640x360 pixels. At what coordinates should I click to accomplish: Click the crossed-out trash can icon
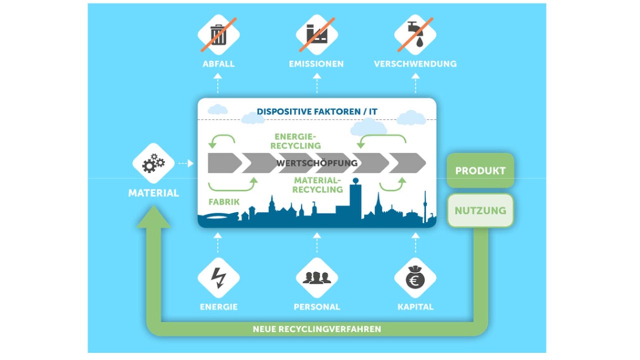tap(218, 35)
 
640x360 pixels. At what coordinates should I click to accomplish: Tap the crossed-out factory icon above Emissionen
tap(317, 35)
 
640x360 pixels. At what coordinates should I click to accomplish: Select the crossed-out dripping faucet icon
tap(415, 35)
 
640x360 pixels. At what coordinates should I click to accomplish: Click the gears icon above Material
tap(153, 163)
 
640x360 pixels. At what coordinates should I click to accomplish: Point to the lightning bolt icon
tap(218, 277)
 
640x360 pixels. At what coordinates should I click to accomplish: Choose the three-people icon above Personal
tap(317, 277)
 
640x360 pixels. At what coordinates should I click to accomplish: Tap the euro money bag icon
tap(415, 277)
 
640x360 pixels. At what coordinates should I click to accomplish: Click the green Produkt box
tap(480, 170)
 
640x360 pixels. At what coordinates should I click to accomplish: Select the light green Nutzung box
tap(480, 210)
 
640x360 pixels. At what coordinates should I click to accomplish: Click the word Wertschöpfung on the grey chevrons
tap(317, 163)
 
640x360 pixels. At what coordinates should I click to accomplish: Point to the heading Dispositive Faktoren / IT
tap(317, 111)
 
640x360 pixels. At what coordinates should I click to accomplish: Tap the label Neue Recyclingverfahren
tap(317, 329)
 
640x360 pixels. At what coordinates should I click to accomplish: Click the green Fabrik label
tap(224, 202)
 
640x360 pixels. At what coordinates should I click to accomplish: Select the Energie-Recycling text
tap(295, 141)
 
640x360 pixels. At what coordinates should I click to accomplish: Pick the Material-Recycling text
tap(317, 185)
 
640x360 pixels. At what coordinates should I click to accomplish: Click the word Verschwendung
tap(415, 63)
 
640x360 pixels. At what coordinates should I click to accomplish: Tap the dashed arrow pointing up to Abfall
tap(217, 83)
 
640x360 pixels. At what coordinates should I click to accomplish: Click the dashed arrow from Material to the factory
tap(186, 163)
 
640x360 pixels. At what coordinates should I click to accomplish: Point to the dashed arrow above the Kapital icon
tap(415, 242)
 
